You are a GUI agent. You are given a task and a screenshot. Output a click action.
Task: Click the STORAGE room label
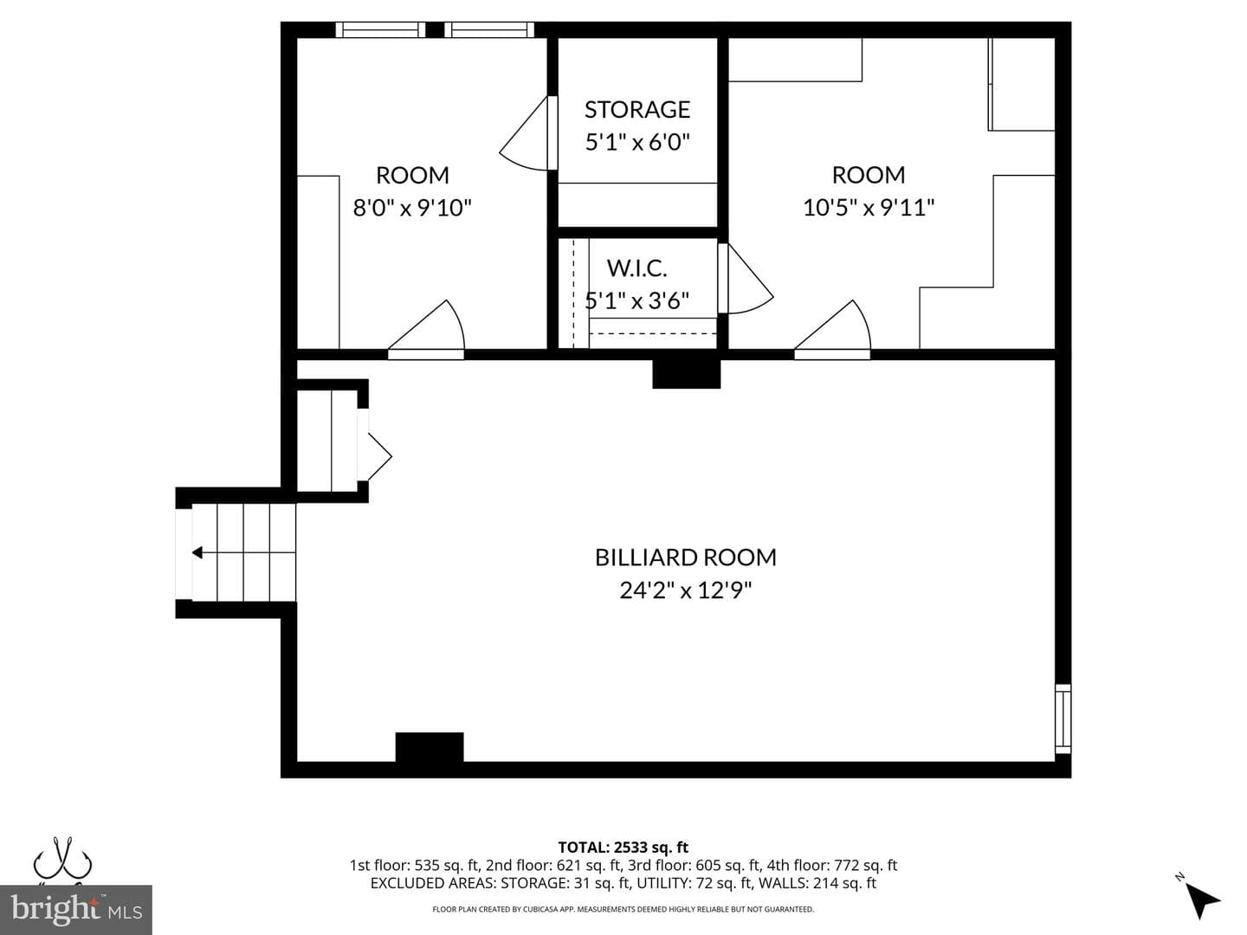click(x=636, y=109)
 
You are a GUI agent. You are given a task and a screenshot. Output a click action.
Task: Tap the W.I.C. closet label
click(x=636, y=268)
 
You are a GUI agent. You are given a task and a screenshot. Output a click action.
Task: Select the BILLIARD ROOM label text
click(x=685, y=557)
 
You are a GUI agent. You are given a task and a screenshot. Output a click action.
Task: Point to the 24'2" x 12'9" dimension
click(x=685, y=590)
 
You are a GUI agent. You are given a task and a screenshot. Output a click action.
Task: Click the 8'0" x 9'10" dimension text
click(x=412, y=208)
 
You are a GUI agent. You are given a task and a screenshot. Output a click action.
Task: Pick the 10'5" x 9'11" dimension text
click(x=868, y=207)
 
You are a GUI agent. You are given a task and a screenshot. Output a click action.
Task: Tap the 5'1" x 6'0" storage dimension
click(x=636, y=141)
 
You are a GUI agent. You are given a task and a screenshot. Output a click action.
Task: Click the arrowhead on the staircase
click(x=197, y=552)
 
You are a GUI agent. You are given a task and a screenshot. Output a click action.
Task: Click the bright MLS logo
click(x=76, y=910)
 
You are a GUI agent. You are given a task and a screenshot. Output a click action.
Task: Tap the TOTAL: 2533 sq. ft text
click(x=623, y=848)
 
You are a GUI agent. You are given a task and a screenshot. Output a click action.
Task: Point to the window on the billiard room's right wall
click(x=1063, y=719)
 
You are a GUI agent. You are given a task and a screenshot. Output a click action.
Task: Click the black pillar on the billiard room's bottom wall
click(x=430, y=747)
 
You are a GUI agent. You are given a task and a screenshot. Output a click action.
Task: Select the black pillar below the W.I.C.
click(x=686, y=373)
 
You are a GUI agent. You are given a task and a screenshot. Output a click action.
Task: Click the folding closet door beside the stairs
click(x=374, y=456)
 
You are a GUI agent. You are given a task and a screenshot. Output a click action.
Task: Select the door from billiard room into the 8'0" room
click(x=426, y=329)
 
